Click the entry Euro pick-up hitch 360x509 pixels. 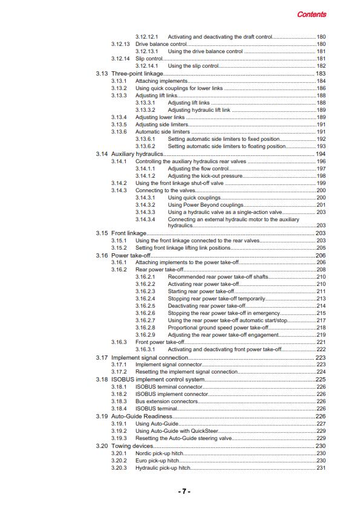pos(157,460)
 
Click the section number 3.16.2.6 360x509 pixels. pos(145,313)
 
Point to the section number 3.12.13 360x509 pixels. pos(121,44)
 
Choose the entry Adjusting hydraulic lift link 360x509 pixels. pos(199,110)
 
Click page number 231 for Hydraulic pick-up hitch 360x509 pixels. pos(321,467)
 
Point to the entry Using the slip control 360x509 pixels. pos(193,66)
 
